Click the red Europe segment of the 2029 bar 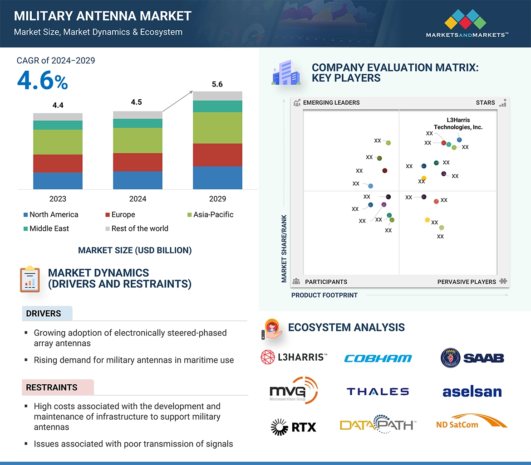tap(217, 155)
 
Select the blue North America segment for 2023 tap(58, 180)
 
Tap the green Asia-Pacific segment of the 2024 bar tap(138, 140)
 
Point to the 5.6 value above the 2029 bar tap(217, 84)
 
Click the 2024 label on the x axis tap(138, 199)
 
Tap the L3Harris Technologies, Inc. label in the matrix tap(458, 124)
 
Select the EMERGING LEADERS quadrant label tap(331, 102)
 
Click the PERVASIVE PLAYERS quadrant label tap(467, 281)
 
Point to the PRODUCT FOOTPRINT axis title tap(324, 295)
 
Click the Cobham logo tap(378, 358)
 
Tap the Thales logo tap(378, 392)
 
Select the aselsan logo tap(472, 392)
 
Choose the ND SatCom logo tap(471, 423)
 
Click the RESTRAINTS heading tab tap(52, 387)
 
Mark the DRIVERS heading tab tap(44, 314)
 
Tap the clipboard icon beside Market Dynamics tap(30, 279)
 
